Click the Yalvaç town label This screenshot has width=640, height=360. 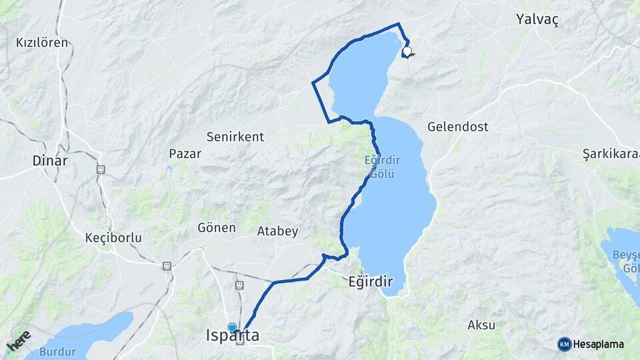(x=537, y=19)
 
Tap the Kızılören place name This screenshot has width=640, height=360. (x=42, y=43)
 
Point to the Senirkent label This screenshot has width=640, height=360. (x=235, y=137)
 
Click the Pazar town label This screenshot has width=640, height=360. (x=185, y=153)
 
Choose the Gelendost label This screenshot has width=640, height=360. (x=457, y=126)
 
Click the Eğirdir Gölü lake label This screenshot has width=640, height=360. (x=380, y=167)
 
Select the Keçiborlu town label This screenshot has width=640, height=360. (x=113, y=237)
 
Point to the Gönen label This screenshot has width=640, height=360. (x=217, y=227)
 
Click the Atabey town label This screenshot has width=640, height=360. (x=277, y=231)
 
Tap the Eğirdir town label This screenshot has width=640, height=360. (x=370, y=281)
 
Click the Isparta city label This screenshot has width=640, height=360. (x=233, y=336)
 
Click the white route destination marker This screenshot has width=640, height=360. (x=407, y=51)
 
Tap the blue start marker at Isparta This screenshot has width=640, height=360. (x=232, y=327)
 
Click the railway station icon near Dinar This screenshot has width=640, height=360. (x=101, y=169)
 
